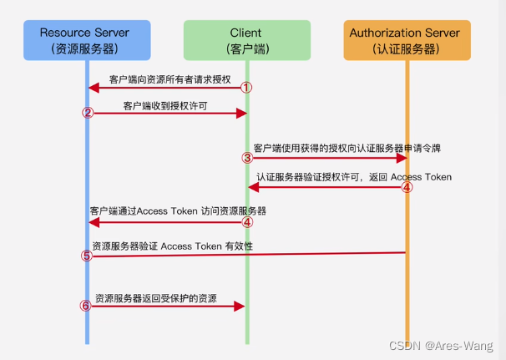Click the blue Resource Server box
[x=87, y=40]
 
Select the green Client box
[x=246, y=40]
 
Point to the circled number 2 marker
[x=87, y=114]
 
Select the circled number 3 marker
[x=246, y=158]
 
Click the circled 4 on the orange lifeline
[x=407, y=187]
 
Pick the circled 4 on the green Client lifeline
[x=246, y=222]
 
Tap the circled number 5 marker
[x=87, y=256]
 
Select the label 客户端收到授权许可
[x=165, y=106]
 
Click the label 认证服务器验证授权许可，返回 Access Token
[x=353, y=177]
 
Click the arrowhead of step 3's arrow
[x=401, y=158]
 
